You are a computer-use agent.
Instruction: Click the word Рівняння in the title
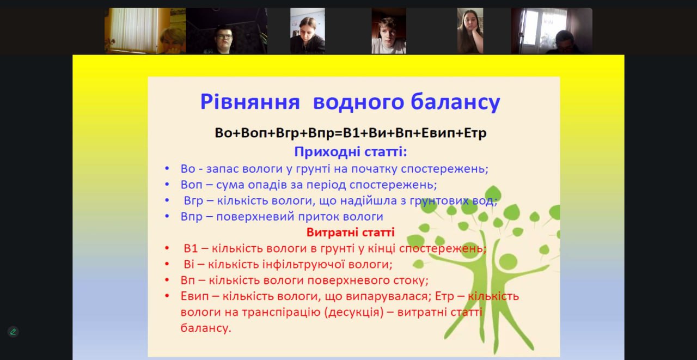pyautogui.click(x=250, y=102)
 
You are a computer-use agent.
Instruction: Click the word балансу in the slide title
pyautogui.click(x=456, y=101)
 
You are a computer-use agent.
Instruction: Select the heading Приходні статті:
pyautogui.click(x=351, y=152)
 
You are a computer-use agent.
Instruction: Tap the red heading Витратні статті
pyautogui.click(x=350, y=232)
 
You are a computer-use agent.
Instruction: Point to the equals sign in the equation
pyautogui.click(x=339, y=133)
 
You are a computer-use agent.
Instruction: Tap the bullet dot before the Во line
pyautogui.click(x=167, y=169)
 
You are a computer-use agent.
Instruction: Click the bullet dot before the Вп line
pyautogui.click(x=167, y=280)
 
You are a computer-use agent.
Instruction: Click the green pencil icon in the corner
pyautogui.click(x=13, y=332)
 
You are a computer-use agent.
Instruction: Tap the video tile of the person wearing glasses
pyautogui.click(x=227, y=31)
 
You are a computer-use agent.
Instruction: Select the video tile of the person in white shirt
pyautogui.click(x=389, y=31)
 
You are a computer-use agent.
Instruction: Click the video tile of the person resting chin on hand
pyautogui.click(x=470, y=31)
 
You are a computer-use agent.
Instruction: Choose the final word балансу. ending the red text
pyautogui.click(x=206, y=328)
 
